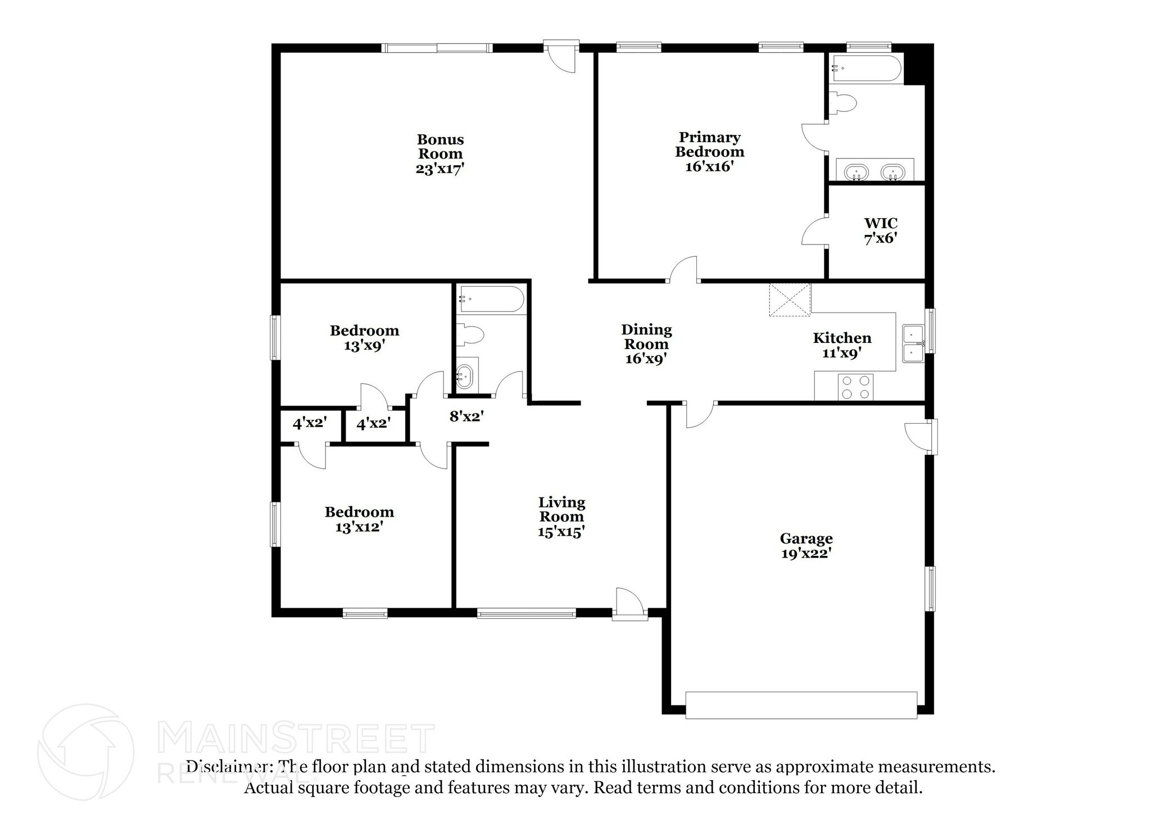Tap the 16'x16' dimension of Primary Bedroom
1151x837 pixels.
coord(709,166)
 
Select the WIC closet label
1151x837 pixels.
coord(880,223)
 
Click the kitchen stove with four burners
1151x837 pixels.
coord(855,387)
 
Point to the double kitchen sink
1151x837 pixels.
coord(913,343)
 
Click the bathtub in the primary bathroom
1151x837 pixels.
coord(865,70)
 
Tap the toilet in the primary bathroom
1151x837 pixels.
coord(843,103)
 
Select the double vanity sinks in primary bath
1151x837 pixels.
coord(874,171)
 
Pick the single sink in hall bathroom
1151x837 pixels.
coord(465,375)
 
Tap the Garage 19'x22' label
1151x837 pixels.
coord(806,546)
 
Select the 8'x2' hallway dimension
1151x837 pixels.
coord(466,417)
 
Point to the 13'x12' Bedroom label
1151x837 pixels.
coord(359,519)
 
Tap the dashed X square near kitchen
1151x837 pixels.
coord(790,300)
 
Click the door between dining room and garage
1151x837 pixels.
coord(700,415)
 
